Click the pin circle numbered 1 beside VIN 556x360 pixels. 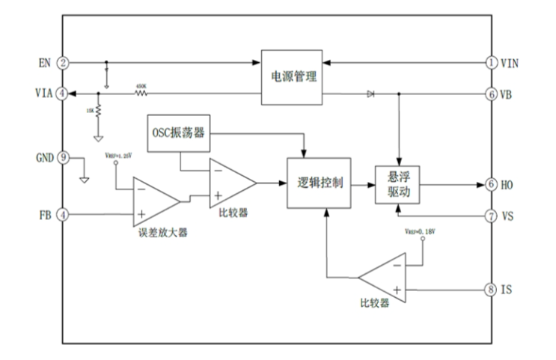click(491, 63)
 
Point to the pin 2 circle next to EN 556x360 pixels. click(64, 63)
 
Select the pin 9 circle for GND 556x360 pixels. click(64, 158)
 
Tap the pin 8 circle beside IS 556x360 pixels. click(491, 289)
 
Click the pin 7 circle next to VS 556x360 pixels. click(491, 216)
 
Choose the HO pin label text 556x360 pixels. click(508, 184)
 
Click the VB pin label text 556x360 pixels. click(508, 94)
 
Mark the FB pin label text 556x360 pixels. click(44, 215)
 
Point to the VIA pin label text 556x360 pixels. click(43, 94)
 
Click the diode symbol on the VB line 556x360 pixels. click(371, 94)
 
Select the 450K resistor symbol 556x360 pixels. click(141, 94)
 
